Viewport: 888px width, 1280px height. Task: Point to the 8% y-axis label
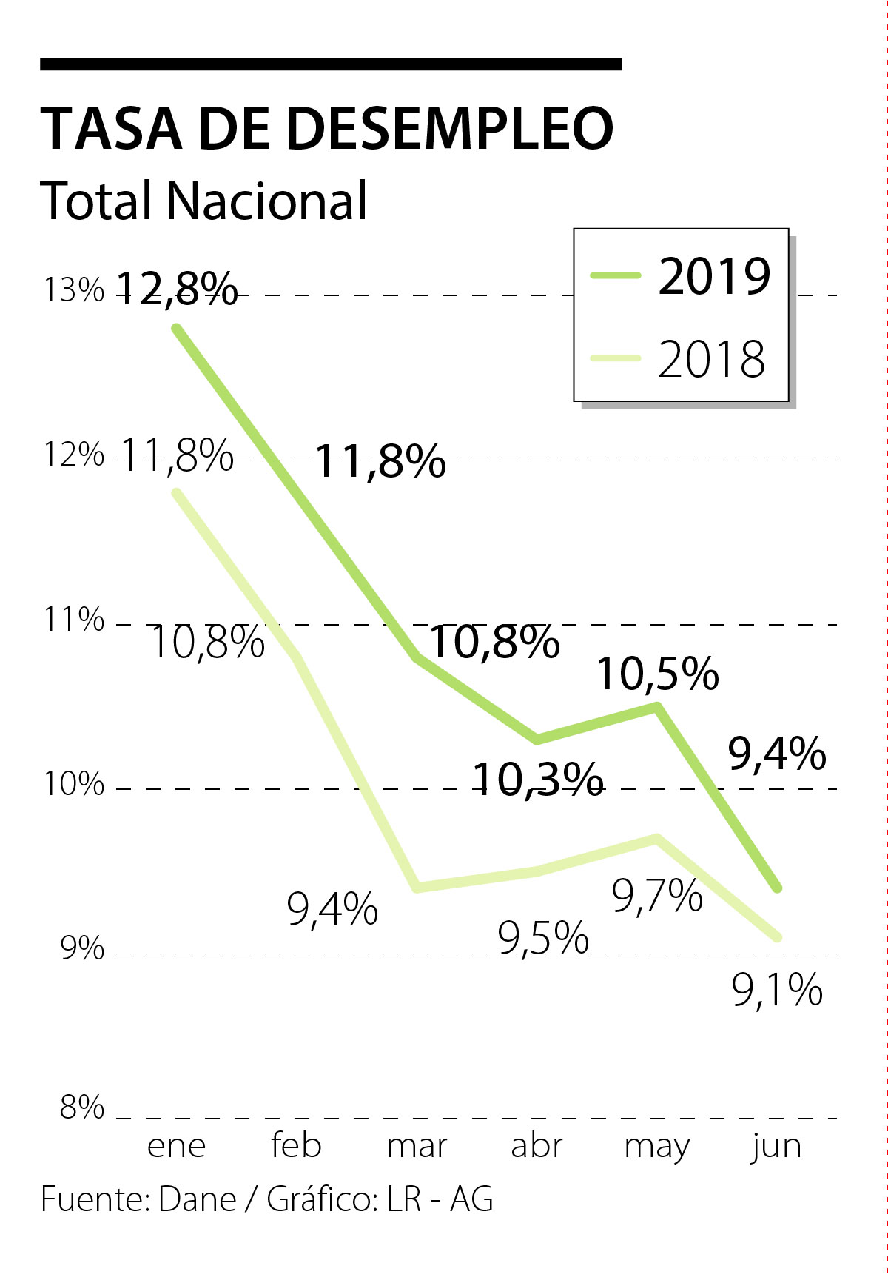tap(82, 1108)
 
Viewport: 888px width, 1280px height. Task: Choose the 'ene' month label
tap(176, 1145)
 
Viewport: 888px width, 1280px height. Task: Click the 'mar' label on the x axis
tap(417, 1145)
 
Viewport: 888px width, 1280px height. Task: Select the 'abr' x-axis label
tap(536, 1145)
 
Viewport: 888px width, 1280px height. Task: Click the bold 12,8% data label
tap(178, 289)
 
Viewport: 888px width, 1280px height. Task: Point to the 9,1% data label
tap(777, 990)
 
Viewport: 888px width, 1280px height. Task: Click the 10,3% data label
tap(537, 779)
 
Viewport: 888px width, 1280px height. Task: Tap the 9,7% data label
tap(657, 897)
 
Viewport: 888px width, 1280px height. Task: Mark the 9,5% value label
tap(543, 939)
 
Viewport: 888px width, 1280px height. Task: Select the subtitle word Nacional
tap(266, 200)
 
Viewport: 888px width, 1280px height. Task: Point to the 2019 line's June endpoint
tap(777, 887)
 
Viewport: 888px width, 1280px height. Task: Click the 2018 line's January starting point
tap(176, 492)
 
